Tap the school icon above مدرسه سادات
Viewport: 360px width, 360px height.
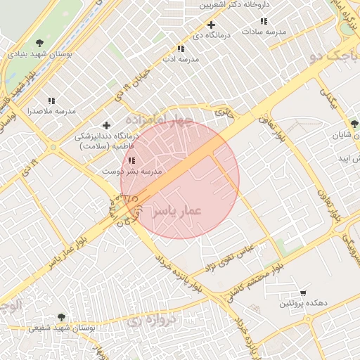tap(264, 22)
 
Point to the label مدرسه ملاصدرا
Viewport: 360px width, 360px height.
tap(51, 111)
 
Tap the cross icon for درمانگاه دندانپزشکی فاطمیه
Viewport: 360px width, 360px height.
tap(106, 125)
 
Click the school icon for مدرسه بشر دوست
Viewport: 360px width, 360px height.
tap(131, 161)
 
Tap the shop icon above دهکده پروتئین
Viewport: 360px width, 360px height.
tap(303, 292)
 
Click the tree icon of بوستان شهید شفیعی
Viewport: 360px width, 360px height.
tap(61, 317)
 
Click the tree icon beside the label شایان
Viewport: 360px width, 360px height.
tap(354, 124)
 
